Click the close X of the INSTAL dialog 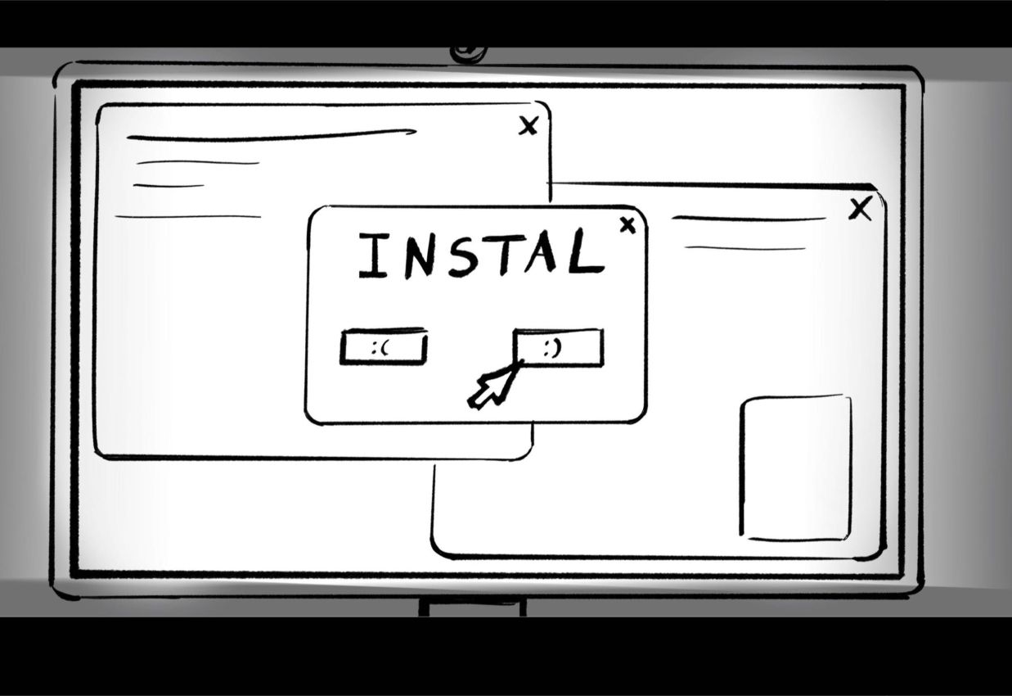point(627,225)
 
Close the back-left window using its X point(529,125)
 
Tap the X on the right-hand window point(860,210)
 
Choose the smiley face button point(558,348)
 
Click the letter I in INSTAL point(372,255)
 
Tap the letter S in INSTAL point(461,255)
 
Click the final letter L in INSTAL point(586,252)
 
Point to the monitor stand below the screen point(473,607)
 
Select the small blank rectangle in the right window point(796,468)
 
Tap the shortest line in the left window point(169,186)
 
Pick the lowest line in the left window point(188,217)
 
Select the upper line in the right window point(749,219)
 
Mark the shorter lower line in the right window point(744,247)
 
